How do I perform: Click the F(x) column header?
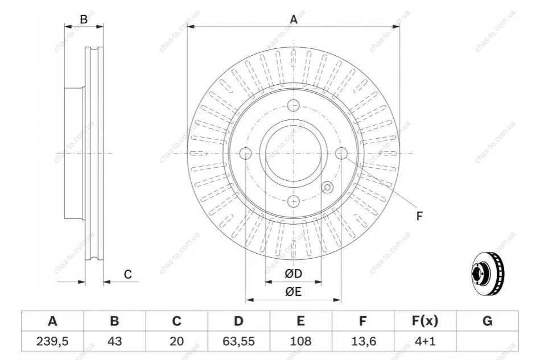pyautogui.click(x=424, y=322)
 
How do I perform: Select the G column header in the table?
pyautogui.click(x=487, y=322)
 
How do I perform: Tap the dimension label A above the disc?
pyautogui.click(x=294, y=20)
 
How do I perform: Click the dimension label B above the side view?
pyautogui.click(x=84, y=20)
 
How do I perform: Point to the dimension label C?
pyautogui.click(x=128, y=275)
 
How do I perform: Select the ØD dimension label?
pyautogui.click(x=294, y=275)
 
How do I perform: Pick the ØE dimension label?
pyautogui.click(x=294, y=292)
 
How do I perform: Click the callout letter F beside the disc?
pyautogui.click(x=419, y=216)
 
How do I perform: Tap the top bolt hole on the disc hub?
pyautogui.click(x=294, y=106)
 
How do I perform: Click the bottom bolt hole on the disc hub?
pyautogui.click(x=294, y=201)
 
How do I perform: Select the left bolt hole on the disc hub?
pyautogui.click(x=246, y=154)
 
